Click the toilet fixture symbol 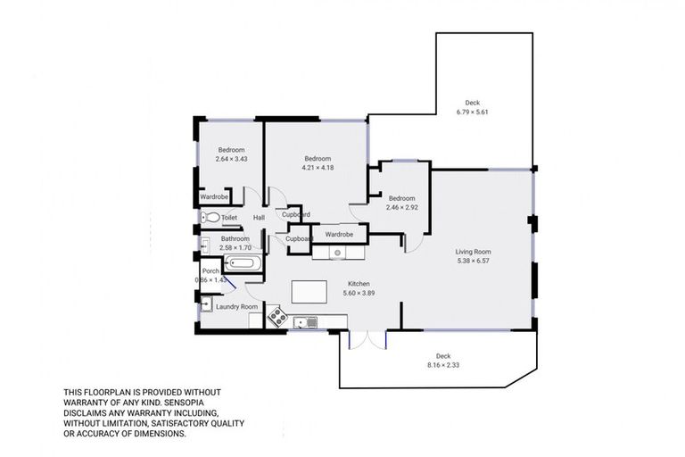pyautogui.click(x=210, y=217)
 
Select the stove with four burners pyautogui.click(x=276, y=316)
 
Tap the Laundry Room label pyautogui.click(x=236, y=306)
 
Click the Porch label pyautogui.click(x=210, y=271)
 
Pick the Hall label pyautogui.click(x=259, y=218)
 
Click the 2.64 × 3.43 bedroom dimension pyautogui.click(x=231, y=159)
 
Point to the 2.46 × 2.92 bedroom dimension pyautogui.click(x=401, y=207)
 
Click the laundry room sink pyautogui.click(x=206, y=306)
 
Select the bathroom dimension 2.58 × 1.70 pyautogui.click(x=235, y=248)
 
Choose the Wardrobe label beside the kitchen pyautogui.click(x=339, y=234)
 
